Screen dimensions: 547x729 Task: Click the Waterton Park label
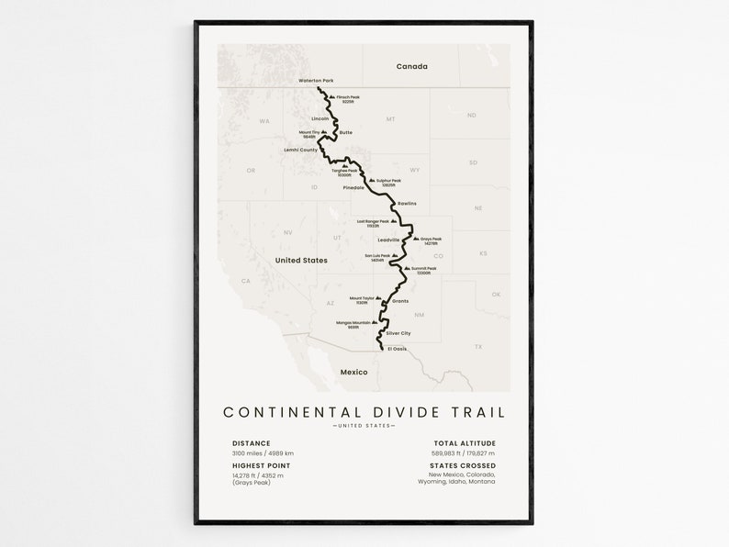316,81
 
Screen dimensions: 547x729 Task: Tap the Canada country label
412,66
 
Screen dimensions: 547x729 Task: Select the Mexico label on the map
353,372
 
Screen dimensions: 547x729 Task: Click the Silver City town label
398,333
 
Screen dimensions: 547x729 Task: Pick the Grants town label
400,301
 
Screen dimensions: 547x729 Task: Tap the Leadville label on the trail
388,240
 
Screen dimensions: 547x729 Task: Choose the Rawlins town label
407,203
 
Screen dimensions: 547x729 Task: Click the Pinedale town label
353,187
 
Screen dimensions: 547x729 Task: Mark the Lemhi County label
301,150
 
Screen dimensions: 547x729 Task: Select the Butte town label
346,132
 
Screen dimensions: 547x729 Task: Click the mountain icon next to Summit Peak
409,268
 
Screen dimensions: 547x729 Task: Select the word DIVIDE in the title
403,413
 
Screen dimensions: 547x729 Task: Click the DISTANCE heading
252,443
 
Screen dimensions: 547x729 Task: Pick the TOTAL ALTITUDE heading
465,443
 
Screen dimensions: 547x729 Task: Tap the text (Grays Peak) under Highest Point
252,482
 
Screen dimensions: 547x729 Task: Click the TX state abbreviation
478,346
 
